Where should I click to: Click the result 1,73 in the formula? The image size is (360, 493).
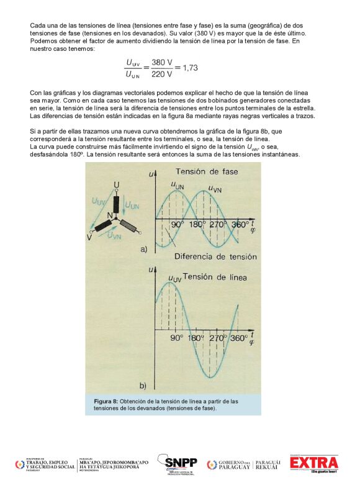click(186, 68)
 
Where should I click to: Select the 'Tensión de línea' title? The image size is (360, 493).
click(214, 276)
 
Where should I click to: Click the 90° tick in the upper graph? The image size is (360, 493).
click(179, 224)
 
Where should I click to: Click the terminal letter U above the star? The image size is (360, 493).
click(116, 184)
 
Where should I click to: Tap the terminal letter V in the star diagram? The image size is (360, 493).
click(89, 237)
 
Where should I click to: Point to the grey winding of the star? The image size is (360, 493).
click(128, 225)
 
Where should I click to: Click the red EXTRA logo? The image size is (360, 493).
click(313, 463)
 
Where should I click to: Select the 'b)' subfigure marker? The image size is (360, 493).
click(143, 385)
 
